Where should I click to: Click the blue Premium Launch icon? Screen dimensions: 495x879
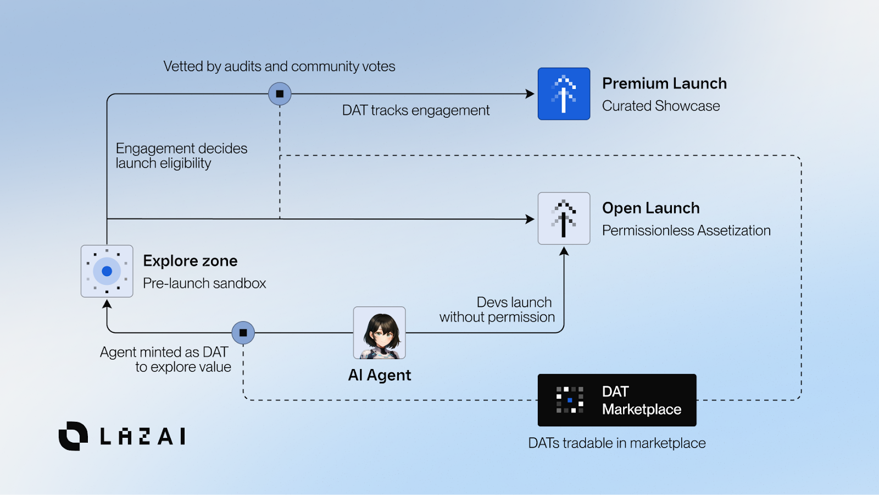(x=564, y=94)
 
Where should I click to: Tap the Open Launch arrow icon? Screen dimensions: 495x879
(x=564, y=218)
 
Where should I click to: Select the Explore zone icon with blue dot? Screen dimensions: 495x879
(x=107, y=271)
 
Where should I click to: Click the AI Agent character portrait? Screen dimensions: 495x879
(x=380, y=333)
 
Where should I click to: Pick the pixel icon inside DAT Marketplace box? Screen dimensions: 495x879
(x=570, y=400)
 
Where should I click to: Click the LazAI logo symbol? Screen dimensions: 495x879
(x=73, y=436)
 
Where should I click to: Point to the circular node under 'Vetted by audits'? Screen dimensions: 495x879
(x=280, y=94)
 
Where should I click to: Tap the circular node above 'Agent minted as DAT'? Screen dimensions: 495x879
(x=243, y=333)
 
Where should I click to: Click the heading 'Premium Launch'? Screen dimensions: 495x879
(x=664, y=84)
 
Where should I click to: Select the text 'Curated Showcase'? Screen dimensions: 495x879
(x=661, y=106)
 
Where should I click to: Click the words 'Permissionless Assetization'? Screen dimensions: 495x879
(x=686, y=230)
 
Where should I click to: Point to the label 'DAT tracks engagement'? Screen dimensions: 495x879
(x=415, y=111)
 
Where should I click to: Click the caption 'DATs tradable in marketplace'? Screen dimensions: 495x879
(x=617, y=443)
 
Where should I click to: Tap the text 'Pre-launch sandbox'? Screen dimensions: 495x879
(x=204, y=283)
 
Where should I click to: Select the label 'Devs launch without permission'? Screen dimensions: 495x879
(x=497, y=310)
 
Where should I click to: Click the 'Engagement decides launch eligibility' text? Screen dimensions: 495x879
(x=181, y=156)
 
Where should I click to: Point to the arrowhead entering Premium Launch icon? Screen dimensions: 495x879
(x=530, y=94)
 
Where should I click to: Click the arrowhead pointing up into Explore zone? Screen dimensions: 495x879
(x=107, y=304)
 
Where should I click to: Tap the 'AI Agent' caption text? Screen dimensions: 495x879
(x=380, y=375)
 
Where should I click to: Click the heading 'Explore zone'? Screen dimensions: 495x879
(x=190, y=261)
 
